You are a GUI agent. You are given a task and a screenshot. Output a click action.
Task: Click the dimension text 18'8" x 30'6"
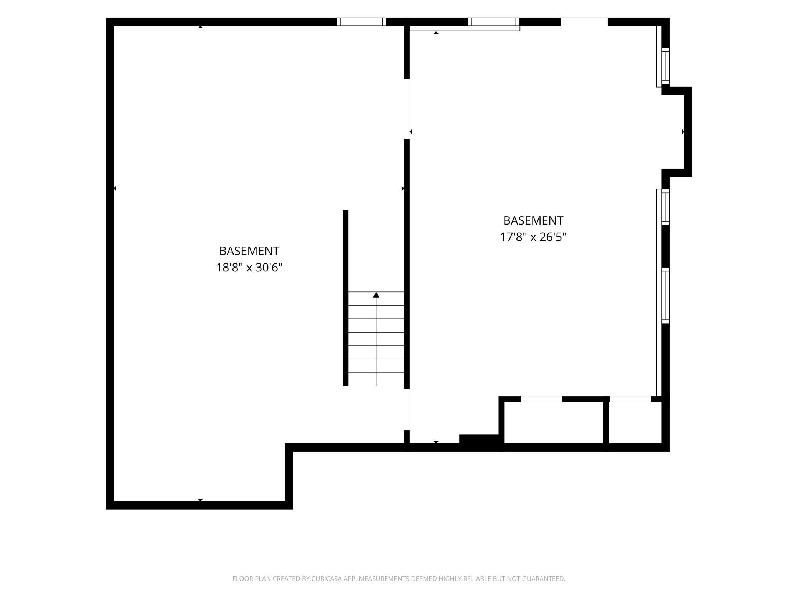(249, 267)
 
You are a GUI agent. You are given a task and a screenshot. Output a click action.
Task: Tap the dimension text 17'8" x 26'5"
(533, 237)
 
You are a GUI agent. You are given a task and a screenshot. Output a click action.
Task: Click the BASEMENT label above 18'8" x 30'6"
(249, 251)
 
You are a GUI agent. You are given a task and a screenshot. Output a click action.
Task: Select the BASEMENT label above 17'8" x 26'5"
(533, 220)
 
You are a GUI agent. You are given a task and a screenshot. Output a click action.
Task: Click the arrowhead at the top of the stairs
(376, 295)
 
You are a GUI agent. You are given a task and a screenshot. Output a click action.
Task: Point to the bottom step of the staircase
(376, 379)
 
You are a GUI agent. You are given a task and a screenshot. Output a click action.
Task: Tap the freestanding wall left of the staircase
(345, 298)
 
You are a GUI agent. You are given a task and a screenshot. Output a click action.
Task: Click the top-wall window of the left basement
(361, 22)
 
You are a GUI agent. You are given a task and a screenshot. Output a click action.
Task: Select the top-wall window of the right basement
(493, 22)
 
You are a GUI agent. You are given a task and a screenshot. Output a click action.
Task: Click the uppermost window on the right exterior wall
(666, 66)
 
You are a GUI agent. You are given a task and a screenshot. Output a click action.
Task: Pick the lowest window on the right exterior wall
(666, 295)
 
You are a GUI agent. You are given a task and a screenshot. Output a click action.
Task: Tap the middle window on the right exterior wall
(666, 207)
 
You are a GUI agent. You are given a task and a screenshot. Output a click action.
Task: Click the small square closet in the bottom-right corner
(635, 422)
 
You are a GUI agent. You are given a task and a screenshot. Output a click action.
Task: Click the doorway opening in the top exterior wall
(584, 22)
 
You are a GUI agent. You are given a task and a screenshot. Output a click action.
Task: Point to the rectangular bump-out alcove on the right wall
(677, 132)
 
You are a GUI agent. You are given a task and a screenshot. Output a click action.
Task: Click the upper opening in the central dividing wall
(407, 109)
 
